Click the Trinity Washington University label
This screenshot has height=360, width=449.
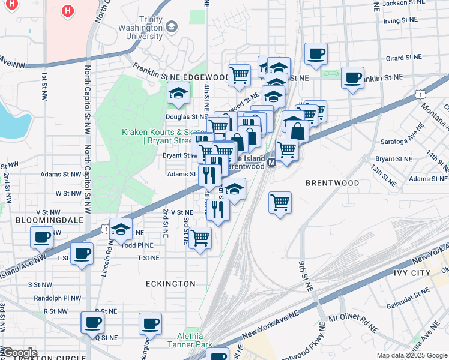[x=140, y=28]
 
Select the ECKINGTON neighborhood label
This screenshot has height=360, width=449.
[x=170, y=283]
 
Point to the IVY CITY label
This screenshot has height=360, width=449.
[x=414, y=273]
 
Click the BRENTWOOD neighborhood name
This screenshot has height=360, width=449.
[x=332, y=182]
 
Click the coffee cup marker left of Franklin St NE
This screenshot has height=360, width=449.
[x=352, y=78]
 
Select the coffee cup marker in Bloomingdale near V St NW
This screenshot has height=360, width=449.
[x=41, y=238]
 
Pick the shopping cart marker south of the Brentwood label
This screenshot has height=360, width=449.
[x=280, y=203]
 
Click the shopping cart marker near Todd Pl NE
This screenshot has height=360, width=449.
[x=200, y=238]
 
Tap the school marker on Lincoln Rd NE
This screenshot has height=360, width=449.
[x=121, y=229]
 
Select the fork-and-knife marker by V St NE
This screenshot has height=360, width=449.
[x=218, y=210]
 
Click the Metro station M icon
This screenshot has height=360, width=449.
[x=271, y=163]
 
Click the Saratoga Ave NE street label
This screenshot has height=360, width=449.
[x=401, y=142]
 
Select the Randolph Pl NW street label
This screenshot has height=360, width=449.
[x=55, y=298]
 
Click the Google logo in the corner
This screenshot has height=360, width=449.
[x=20, y=353]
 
